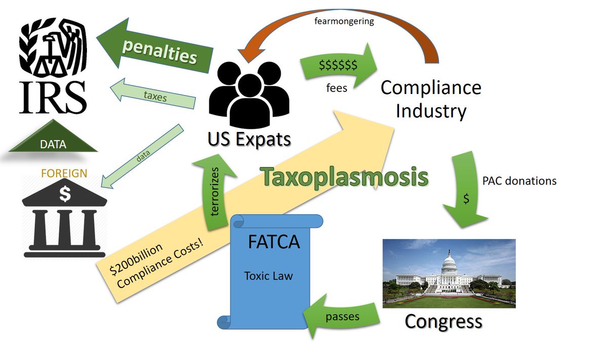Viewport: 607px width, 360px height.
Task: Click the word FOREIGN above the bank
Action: tap(64, 173)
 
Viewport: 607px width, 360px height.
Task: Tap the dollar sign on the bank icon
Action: tap(65, 193)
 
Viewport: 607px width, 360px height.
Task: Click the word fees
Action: tap(336, 88)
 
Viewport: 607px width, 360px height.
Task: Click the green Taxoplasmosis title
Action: tap(344, 177)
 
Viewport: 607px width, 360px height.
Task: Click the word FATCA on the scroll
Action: tap(274, 242)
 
